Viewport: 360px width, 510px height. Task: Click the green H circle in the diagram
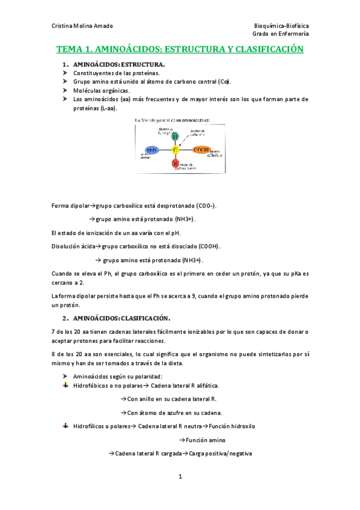coord(174,136)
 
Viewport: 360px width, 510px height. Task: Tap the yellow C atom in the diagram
coord(175,149)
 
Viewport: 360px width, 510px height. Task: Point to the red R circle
coord(175,163)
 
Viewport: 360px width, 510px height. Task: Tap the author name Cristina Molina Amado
coord(82,26)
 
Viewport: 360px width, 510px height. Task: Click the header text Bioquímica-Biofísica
coord(281,26)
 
